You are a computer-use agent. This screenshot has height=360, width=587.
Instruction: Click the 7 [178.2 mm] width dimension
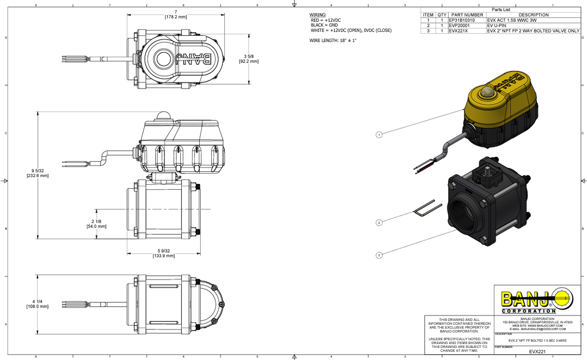(176, 14)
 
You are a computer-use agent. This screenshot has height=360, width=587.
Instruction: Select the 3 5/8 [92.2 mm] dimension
(249, 59)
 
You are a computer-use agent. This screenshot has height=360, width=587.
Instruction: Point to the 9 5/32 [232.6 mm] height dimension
(38, 173)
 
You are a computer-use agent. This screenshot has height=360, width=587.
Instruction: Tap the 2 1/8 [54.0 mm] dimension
(96, 224)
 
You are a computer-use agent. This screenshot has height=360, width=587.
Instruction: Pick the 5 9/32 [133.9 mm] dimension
(163, 254)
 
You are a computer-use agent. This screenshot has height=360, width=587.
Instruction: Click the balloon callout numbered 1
(379, 135)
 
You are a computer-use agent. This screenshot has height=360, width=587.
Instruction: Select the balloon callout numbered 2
(379, 223)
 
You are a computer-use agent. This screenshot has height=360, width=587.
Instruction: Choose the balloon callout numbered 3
(379, 255)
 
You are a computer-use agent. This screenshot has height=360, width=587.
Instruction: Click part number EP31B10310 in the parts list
(462, 20)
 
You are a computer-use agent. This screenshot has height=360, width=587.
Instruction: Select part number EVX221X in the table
(458, 30)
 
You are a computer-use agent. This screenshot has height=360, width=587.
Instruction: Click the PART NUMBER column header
(467, 15)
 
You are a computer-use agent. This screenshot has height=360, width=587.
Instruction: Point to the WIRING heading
(318, 15)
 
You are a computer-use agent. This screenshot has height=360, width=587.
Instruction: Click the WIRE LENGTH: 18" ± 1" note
(333, 41)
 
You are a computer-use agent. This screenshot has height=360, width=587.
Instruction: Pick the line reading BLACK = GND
(324, 25)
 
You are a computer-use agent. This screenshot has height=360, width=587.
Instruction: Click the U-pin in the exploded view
(427, 209)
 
